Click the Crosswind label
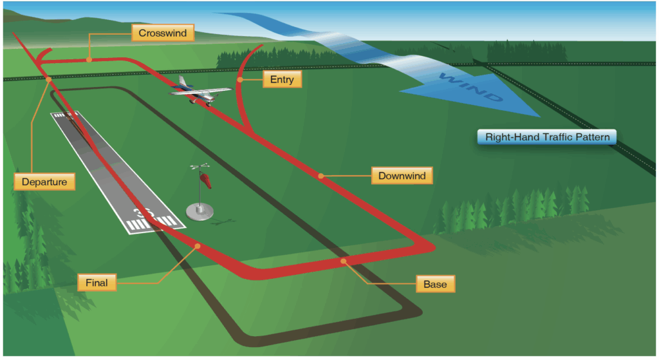pyautogui.click(x=162, y=33)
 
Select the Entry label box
pyautogui.click(x=282, y=80)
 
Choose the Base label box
pyautogui.click(x=435, y=284)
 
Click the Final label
pyautogui.click(x=97, y=281)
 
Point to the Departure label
pyautogui.click(x=44, y=182)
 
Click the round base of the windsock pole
pyautogui.click(x=201, y=210)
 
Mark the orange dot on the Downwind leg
pyautogui.click(x=320, y=175)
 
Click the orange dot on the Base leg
pyautogui.click(x=344, y=261)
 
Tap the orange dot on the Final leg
pyautogui.click(x=198, y=246)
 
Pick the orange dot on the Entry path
pyautogui.click(x=239, y=80)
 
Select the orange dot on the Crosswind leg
pyautogui.click(x=89, y=59)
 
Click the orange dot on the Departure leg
pyautogui.click(x=49, y=79)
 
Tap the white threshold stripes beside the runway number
pyautogui.click(x=155, y=223)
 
